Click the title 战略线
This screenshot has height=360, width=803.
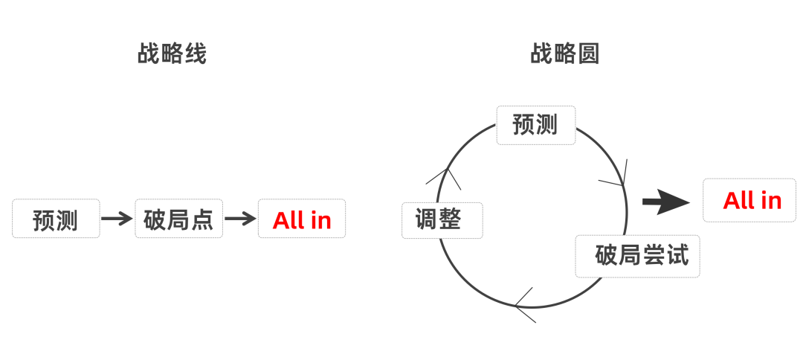click(172, 54)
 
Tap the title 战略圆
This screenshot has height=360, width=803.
click(565, 54)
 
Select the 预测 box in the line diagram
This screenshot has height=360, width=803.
click(56, 219)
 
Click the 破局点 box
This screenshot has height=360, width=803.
click(179, 219)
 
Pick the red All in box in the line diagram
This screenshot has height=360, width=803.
click(302, 219)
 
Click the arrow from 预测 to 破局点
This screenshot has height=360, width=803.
click(117, 219)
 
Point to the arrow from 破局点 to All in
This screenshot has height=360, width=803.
click(240, 219)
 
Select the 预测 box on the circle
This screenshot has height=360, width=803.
click(535, 124)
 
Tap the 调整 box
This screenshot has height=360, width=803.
click(442, 220)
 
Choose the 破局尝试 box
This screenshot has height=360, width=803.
click(637, 256)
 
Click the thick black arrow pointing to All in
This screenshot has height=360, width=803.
click(665, 202)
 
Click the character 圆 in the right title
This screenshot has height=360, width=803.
click(588, 54)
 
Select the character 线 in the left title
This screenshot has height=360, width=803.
click(195, 54)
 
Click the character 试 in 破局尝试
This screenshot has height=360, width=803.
click(677, 256)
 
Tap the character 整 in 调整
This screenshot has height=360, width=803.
click(452, 220)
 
